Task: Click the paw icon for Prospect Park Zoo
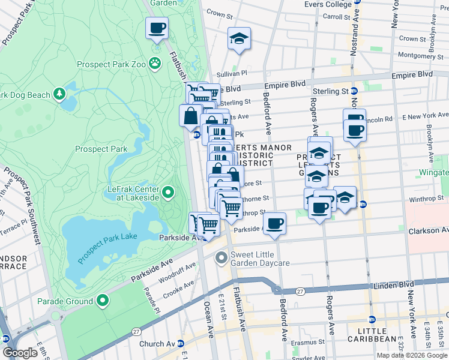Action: tap(155, 62)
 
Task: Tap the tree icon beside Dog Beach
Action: tap(59, 94)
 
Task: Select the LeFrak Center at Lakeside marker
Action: tap(169, 193)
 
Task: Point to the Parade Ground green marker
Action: tap(104, 299)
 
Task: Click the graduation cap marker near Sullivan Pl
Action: tap(238, 39)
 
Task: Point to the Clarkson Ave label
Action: tap(427, 230)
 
